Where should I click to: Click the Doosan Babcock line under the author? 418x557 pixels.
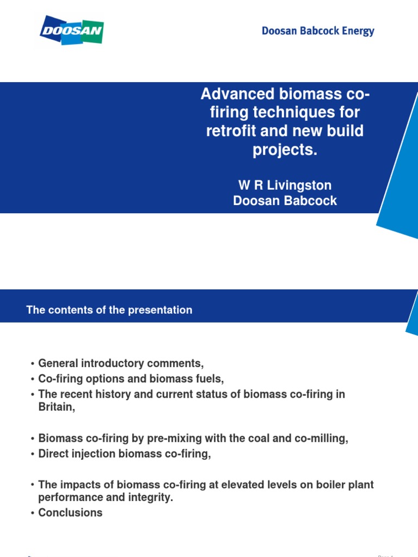tap(285, 201)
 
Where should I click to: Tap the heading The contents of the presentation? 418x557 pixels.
tap(109, 310)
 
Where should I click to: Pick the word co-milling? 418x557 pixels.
tap(324, 438)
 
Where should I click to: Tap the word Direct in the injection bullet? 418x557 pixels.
tap(53, 454)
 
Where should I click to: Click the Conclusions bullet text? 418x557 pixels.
tap(70, 512)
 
